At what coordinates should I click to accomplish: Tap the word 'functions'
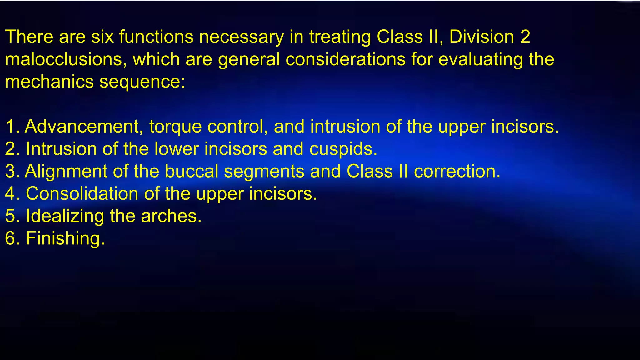tap(156, 37)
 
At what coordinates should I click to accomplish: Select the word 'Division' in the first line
tap(482, 37)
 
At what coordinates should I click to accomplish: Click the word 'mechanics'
tap(49, 82)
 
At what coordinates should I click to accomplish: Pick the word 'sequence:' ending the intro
tap(142, 82)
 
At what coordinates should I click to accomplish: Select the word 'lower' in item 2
tap(177, 149)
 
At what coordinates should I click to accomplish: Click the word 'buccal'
tap(191, 171)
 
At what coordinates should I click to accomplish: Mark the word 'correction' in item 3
tap(456, 171)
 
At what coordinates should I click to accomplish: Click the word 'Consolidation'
tap(82, 193)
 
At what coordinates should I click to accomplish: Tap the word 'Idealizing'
tap(65, 216)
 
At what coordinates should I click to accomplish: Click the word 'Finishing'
tap(64, 239)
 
